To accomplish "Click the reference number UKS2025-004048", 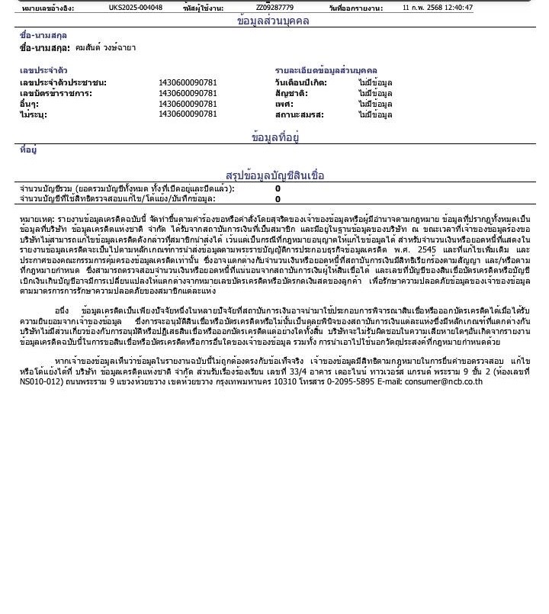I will point(135,8).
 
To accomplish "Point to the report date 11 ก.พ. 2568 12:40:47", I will point(437,8).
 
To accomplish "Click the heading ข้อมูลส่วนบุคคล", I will point(274,21).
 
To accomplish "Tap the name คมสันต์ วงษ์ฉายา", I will point(106,47).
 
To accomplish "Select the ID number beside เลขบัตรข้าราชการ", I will point(188,93).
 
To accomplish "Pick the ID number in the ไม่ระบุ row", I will point(188,114).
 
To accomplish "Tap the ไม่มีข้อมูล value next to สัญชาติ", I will point(375,93).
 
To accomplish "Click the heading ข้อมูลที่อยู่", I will point(274,137).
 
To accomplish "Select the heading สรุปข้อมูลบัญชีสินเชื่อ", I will point(274,175).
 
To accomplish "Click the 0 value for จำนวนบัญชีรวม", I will point(278,188).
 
